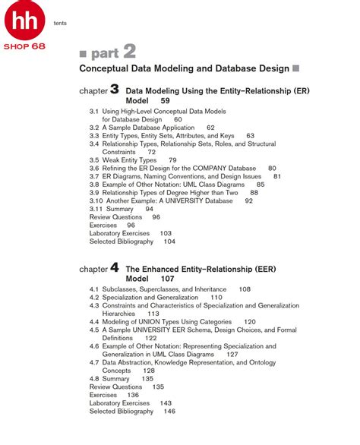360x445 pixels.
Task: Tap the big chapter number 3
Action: (114, 89)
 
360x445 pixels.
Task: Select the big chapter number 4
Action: (114, 267)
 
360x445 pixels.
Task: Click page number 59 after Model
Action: (165, 100)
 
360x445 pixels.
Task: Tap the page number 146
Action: (169, 411)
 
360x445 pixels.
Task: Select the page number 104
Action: (169, 241)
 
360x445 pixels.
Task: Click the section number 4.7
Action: (94, 362)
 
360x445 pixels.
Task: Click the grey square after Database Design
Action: (295, 68)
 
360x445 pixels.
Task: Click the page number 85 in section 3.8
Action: (261, 185)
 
